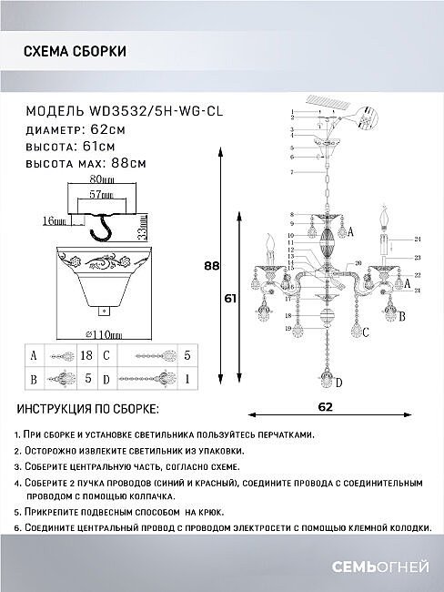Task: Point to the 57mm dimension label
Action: tap(101, 195)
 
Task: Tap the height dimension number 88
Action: tap(211, 267)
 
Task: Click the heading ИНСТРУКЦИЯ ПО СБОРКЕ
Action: tap(87, 411)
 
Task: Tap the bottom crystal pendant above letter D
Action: tap(325, 368)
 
